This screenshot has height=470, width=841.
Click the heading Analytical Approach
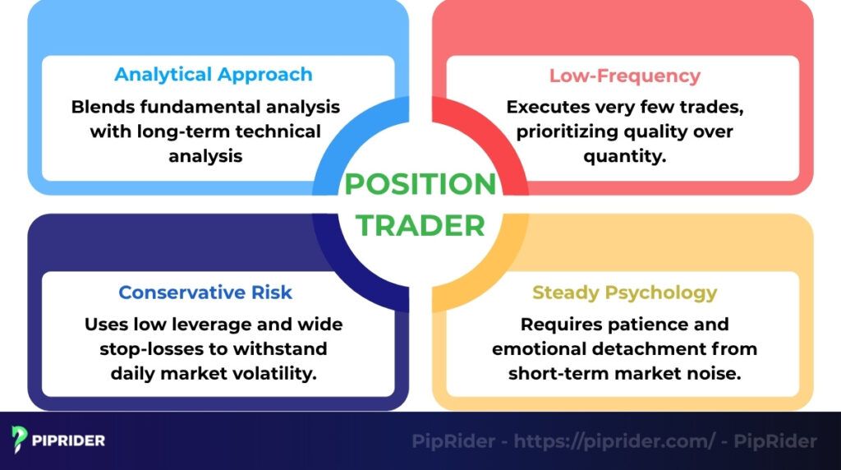pyautogui.click(x=214, y=75)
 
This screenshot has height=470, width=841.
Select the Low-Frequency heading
pyautogui.click(x=624, y=76)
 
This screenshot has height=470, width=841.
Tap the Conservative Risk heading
pyautogui.click(x=205, y=293)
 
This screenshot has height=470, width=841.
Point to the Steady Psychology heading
pyautogui.click(x=624, y=293)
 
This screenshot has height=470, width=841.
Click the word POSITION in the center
pyautogui.click(x=420, y=184)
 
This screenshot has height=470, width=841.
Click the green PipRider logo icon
pyautogui.click(x=21, y=440)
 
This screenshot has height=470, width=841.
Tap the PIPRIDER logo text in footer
pyautogui.click(x=69, y=440)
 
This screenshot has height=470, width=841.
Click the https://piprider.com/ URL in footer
pyautogui.click(x=614, y=441)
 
